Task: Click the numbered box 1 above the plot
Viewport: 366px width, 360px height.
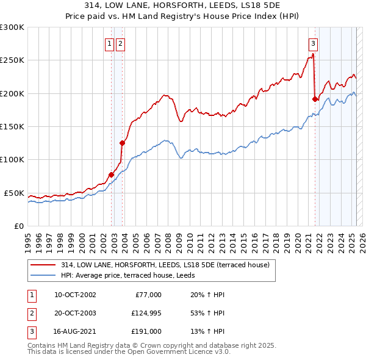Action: pyautogui.click(x=109, y=43)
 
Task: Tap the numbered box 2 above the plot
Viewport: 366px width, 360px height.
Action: pyautogui.click(x=120, y=43)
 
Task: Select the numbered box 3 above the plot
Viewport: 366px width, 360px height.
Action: pyautogui.click(x=313, y=43)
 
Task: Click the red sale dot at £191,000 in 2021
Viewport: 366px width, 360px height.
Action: pyautogui.click(x=315, y=99)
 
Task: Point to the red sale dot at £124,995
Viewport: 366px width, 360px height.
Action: pyautogui.click(x=123, y=143)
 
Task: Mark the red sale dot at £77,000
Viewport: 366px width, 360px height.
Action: pyautogui.click(x=112, y=175)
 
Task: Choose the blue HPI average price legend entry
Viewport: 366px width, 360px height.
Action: pyautogui.click(x=127, y=275)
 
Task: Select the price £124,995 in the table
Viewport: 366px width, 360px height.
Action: pyautogui.click(x=146, y=313)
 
